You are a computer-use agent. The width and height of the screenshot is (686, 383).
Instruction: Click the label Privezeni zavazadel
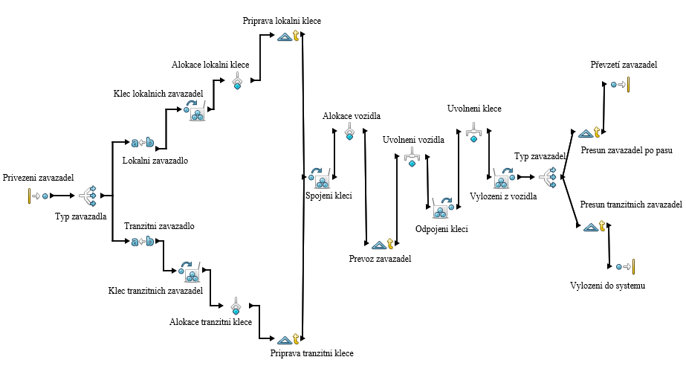coord(39,178)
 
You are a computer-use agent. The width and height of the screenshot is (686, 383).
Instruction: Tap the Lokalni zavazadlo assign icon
coord(143,142)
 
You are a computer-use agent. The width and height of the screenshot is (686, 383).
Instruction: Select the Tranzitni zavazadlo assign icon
coord(143,241)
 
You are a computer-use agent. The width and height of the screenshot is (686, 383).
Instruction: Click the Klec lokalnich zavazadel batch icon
coord(196,111)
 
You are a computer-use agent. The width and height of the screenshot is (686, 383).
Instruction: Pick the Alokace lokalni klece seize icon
coord(238,80)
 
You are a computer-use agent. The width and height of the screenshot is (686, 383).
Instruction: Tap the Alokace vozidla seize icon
coord(349,132)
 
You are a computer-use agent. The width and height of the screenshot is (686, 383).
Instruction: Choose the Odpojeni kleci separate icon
coord(443,207)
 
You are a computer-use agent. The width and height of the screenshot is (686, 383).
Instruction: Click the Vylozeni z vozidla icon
coord(503,178)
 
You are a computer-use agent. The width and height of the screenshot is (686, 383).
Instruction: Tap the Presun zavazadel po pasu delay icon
coord(590,134)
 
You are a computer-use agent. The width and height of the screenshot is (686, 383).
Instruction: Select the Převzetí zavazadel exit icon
coord(620,85)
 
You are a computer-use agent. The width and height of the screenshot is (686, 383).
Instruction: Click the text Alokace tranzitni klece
coord(210,322)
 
